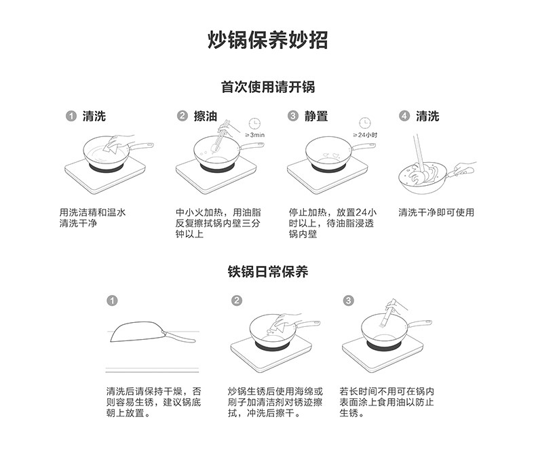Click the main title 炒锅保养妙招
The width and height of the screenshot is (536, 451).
coord(267,40)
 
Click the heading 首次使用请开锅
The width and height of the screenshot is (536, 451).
coord(267,87)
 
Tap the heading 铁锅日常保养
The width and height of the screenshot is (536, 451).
coord(267,272)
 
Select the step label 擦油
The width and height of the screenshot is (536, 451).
coord(206,116)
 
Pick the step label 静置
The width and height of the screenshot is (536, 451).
coord(316,116)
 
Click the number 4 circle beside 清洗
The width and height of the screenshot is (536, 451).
coord(404,116)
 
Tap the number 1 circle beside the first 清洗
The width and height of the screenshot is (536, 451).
coord(71,116)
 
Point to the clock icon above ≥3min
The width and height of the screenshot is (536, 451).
coord(254,123)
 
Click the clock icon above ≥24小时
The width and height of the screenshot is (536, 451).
coord(365,123)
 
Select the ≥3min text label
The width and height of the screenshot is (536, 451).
coord(255,135)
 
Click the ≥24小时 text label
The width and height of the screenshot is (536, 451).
coord(365,135)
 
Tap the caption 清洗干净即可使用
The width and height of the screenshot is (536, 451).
coord(436,212)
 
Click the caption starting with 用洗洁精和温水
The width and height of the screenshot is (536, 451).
coord(93,218)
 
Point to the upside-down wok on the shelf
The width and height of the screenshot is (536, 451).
coord(153,332)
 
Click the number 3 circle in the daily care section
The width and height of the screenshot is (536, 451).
coord(348,300)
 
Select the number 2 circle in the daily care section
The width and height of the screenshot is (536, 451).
coord(237,300)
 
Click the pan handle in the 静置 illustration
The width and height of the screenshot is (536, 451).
coord(364,146)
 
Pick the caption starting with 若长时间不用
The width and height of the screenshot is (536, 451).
coord(386,401)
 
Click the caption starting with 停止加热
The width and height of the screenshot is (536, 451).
coord(332,223)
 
